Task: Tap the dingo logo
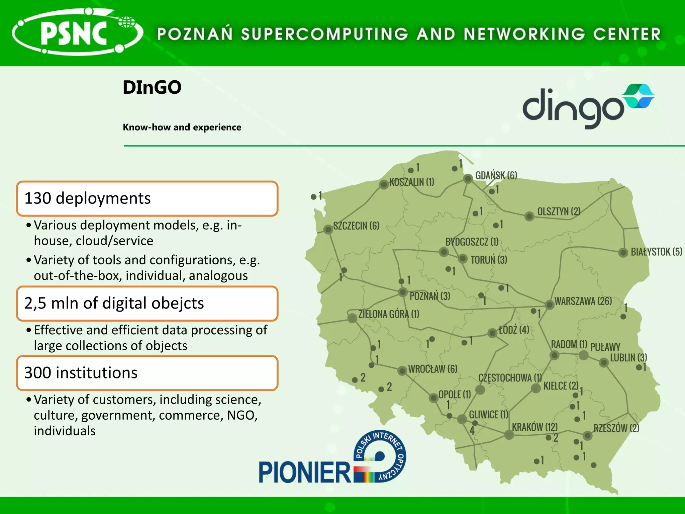click(587, 106)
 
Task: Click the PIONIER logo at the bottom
click(332, 458)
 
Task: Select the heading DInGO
click(152, 87)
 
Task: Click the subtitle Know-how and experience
click(182, 127)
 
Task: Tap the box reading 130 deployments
click(147, 198)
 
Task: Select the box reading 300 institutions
click(147, 373)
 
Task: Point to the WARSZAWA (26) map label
click(583, 301)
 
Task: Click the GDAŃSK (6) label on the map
click(496, 175)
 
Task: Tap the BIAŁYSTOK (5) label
click(656, 252)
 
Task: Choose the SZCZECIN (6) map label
click(356, 226)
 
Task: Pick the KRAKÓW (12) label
click(534, 427)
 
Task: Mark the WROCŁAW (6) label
click(432, 369)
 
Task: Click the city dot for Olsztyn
click(529, 216)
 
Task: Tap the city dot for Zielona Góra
click(352, 318)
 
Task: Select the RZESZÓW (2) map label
click(616, 428)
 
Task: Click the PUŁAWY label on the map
click(605, 347)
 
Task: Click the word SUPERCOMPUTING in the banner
click(324, 34)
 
